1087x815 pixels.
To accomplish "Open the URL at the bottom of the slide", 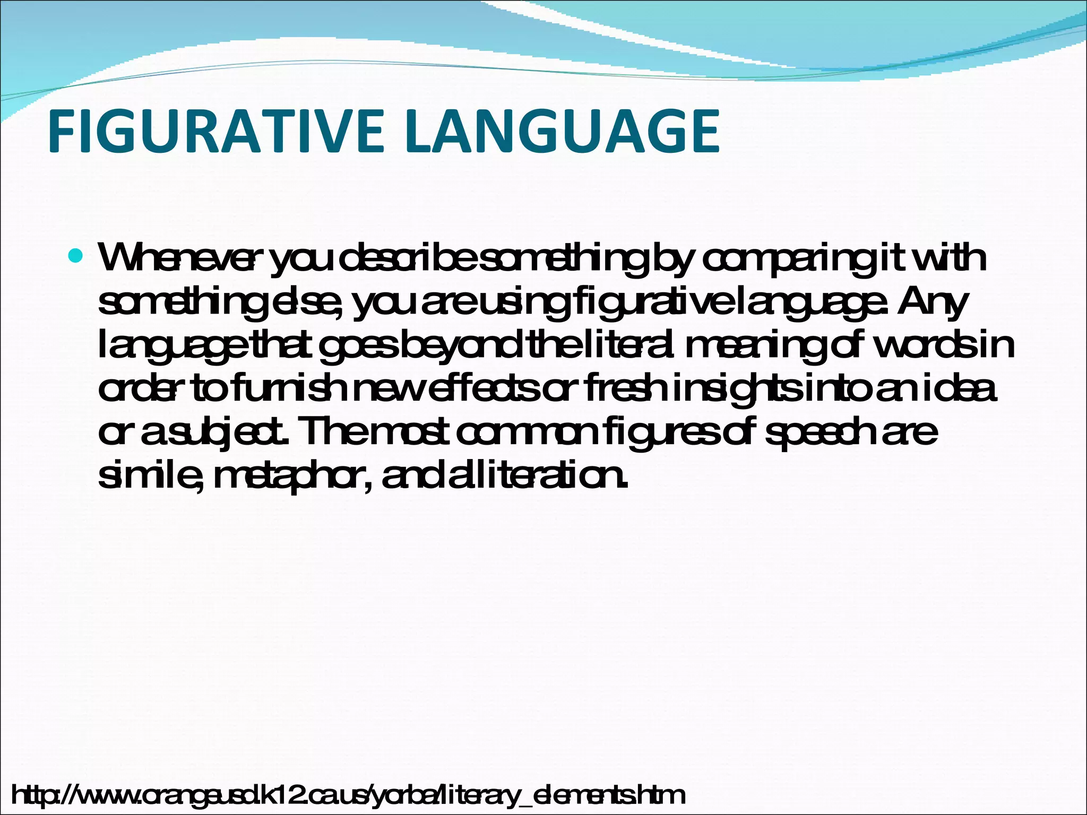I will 348,795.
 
